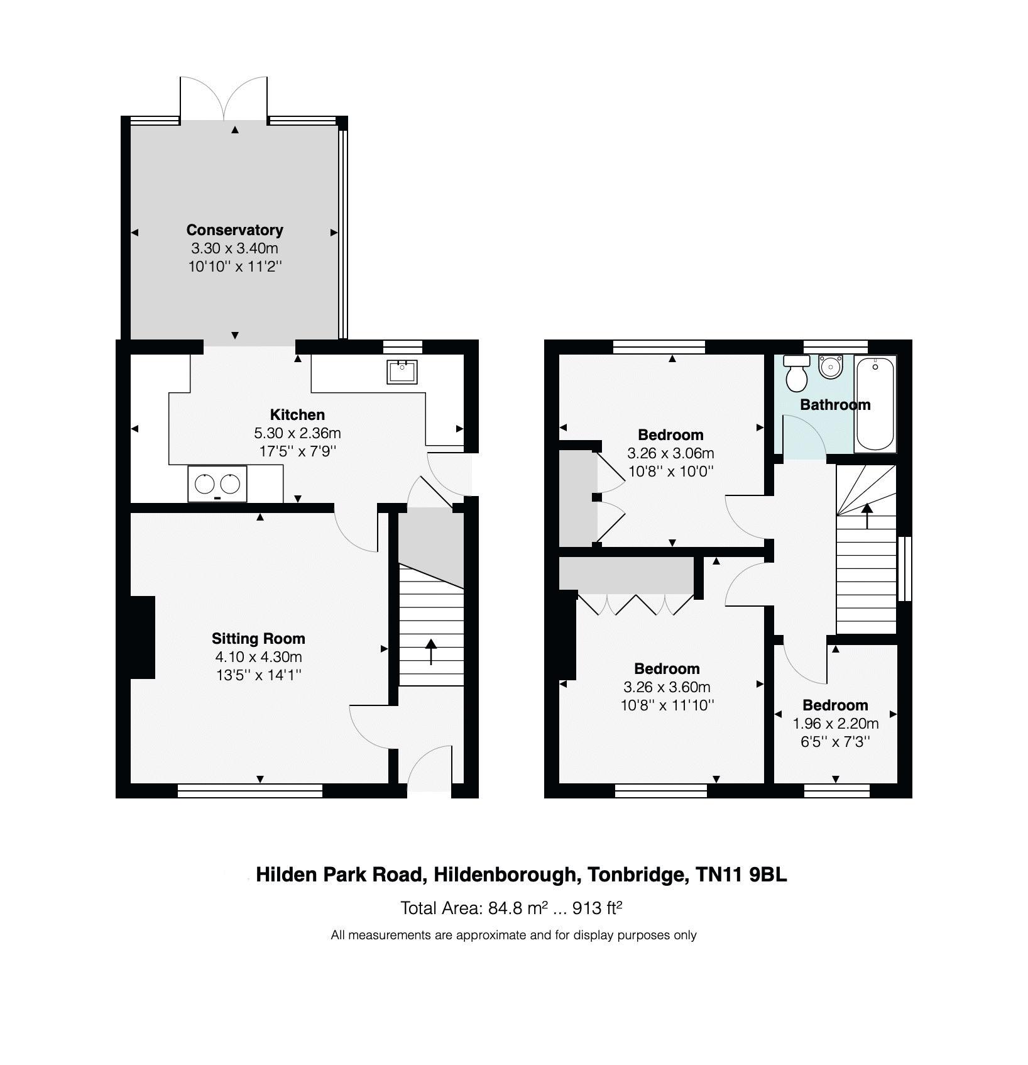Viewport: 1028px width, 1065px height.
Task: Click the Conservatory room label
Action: [x=234, y=229]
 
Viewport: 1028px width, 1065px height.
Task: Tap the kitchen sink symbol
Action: [x=402, y=372]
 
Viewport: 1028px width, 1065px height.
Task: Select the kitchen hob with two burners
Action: [x=217, y=484]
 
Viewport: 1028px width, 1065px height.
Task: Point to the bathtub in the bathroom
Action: [x=875, y=404]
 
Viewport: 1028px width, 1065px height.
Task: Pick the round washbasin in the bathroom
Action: [x=830, y=366]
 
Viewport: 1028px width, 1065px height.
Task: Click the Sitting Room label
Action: [x=258, y=639]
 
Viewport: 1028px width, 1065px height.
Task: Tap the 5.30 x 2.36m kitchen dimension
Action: [x=297, y=433]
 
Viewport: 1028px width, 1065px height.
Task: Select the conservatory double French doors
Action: [x=224, y=99]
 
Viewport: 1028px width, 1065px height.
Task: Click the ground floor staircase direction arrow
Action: [x=431, y=651]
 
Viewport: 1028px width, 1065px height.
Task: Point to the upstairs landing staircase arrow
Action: [x=867, y=516]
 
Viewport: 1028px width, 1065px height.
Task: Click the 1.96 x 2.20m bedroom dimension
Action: [x=835, y=724]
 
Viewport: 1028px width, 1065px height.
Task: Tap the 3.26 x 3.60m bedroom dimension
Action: [x=667, y=687]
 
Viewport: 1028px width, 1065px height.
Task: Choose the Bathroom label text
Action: [x=835, y=405]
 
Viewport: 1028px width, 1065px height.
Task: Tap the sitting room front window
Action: [x=250, y=791]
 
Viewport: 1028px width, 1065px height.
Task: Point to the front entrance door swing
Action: [x=429, y=768]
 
